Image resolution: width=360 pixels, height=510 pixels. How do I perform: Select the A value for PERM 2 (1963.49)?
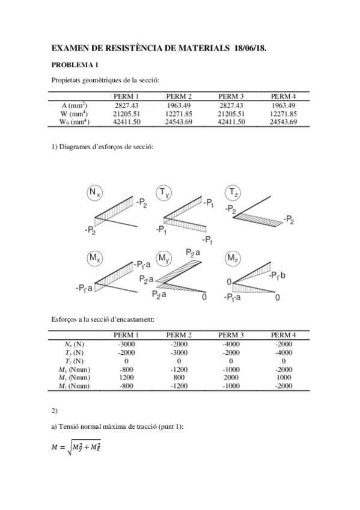point(179,105)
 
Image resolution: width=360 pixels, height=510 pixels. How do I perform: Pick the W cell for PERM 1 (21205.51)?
point(127,113)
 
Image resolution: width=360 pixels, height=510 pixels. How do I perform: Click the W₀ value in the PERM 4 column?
point(283,121)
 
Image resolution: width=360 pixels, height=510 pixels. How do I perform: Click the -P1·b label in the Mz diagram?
point(280,275)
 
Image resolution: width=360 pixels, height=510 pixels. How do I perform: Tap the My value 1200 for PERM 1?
point(127,378)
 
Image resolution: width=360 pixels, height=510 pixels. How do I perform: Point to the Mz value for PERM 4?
point(283,386)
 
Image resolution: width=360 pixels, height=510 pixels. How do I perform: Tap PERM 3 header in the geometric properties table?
point(231,96)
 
